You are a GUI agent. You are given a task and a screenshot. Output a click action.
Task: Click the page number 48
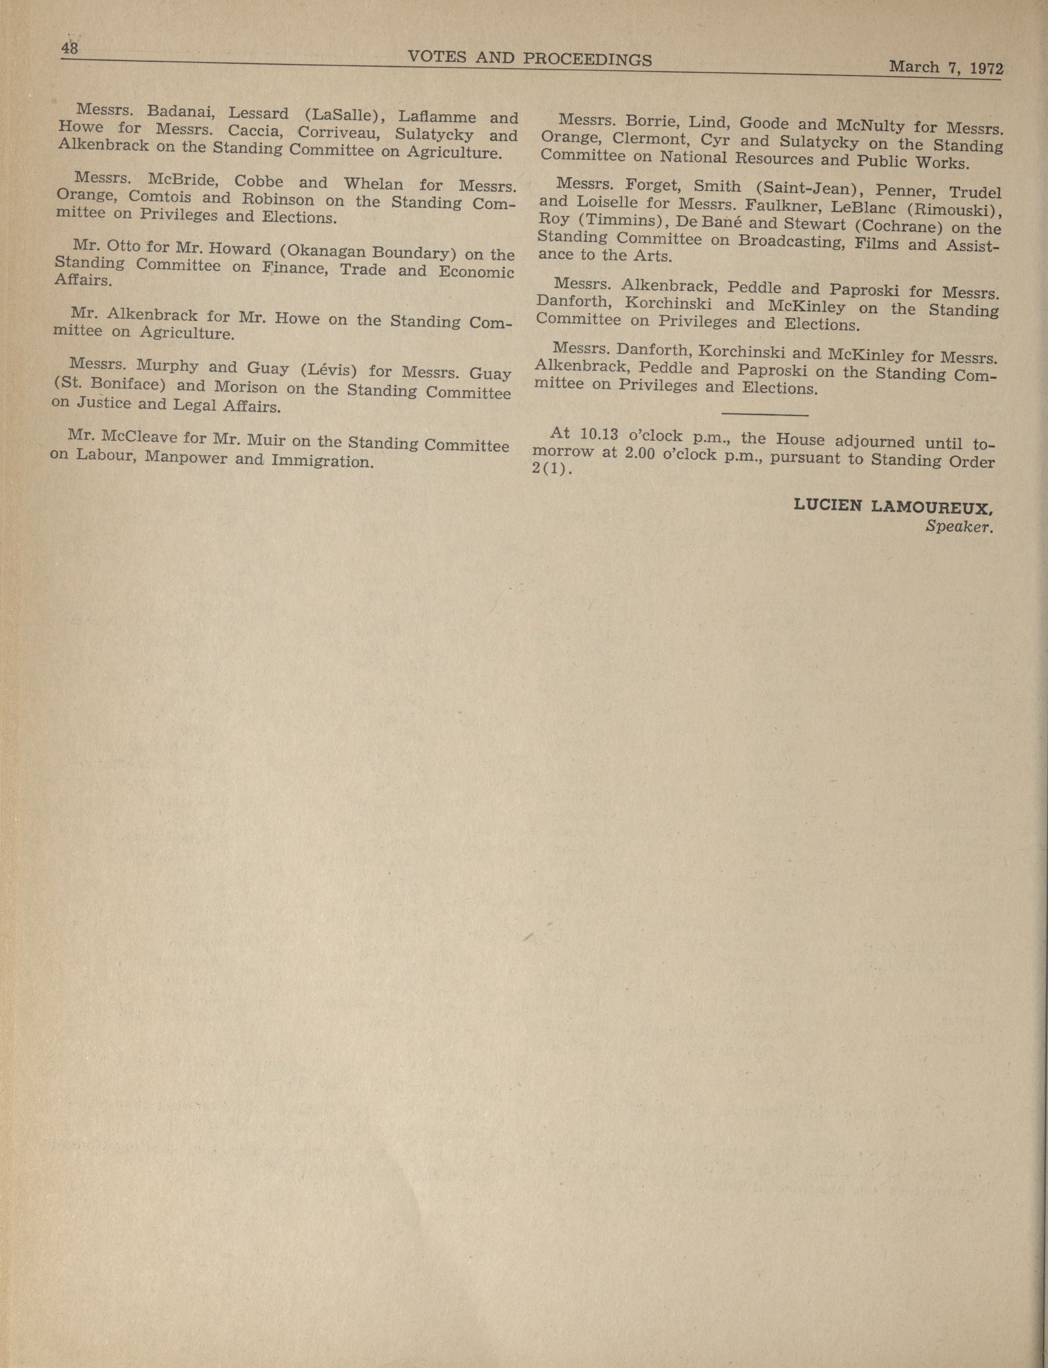[69, 49]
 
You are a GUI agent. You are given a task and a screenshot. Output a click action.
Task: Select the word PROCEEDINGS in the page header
[587, 59]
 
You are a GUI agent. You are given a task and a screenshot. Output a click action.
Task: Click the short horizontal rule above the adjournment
[764, 414]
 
